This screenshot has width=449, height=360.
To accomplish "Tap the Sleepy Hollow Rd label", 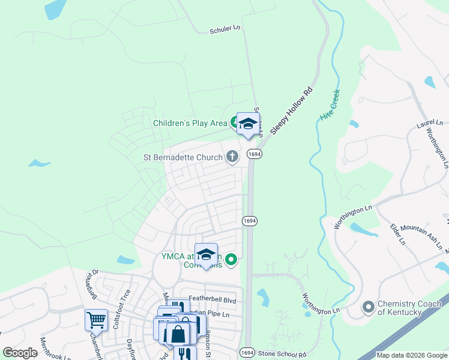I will pos(292,112).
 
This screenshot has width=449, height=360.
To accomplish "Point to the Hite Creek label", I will pos(330,106).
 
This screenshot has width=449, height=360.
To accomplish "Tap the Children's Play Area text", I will pos(190,123).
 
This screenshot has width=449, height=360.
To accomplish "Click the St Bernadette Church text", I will pos(182,158).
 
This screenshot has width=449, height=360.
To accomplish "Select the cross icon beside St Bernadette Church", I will pos(232,157).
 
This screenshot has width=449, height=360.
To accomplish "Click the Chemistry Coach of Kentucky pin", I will pos(367,308).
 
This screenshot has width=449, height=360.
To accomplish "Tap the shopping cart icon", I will pos(96,320).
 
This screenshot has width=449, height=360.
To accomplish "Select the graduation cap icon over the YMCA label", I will pos(206,254).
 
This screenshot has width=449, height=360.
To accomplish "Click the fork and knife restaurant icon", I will pos(185,354).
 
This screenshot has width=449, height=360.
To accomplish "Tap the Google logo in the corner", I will pos(20,353).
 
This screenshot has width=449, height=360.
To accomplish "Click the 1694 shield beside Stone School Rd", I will pos(247,353).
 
